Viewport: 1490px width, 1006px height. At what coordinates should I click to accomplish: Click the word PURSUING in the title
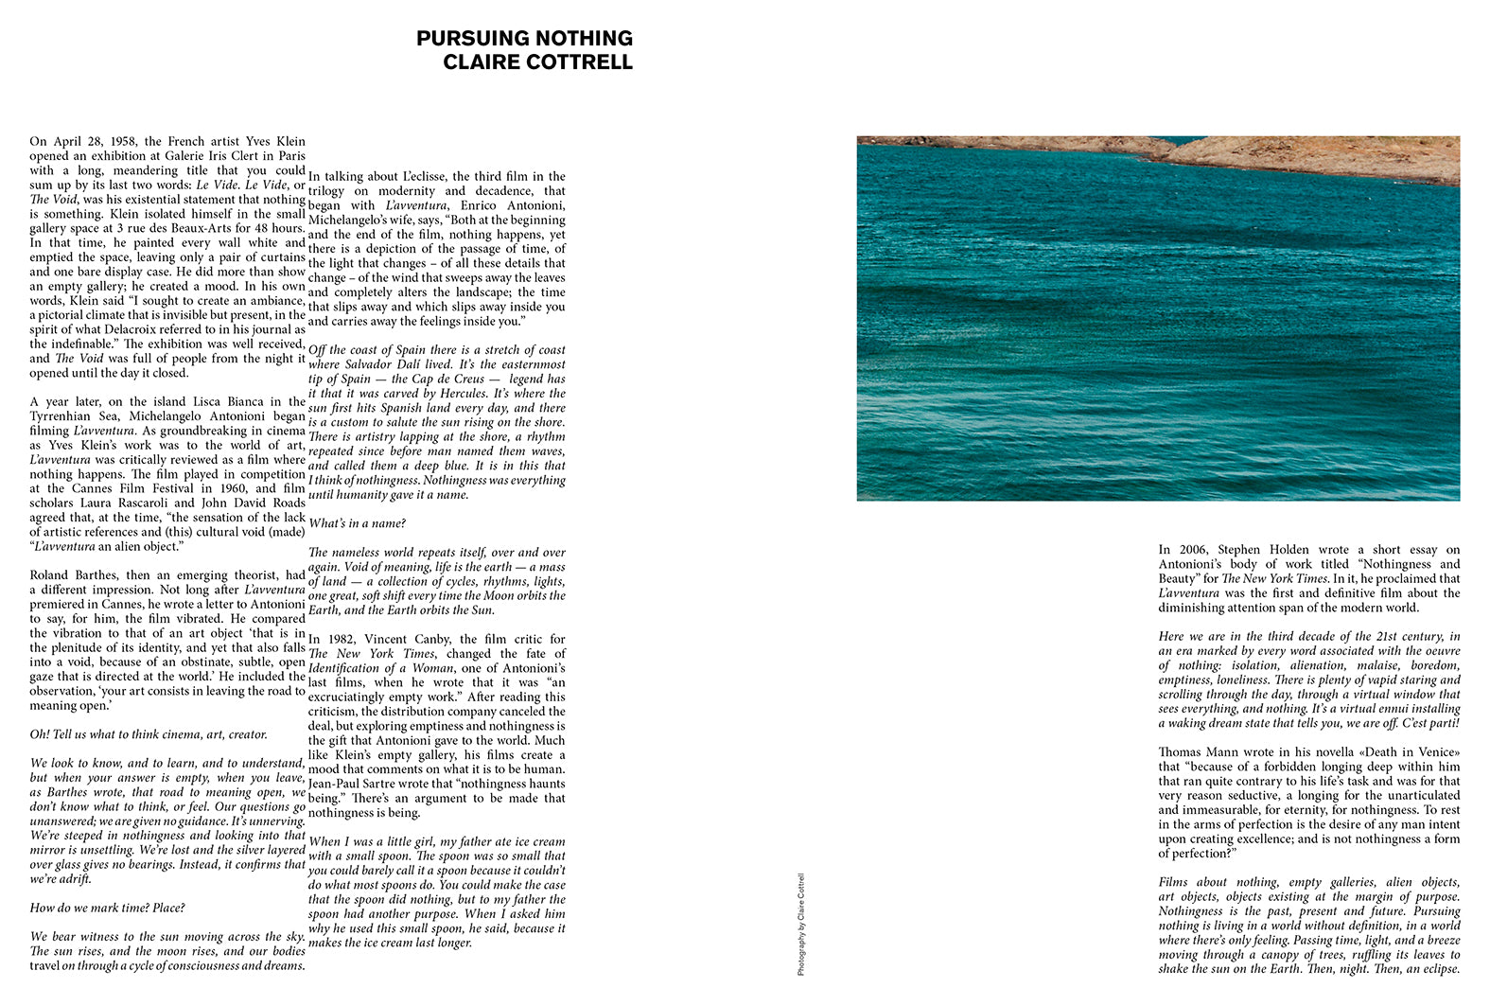pyautogui.click(x=469, y=39)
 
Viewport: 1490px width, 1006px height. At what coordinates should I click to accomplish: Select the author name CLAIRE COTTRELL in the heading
pyautogui.click(x=537, y=62)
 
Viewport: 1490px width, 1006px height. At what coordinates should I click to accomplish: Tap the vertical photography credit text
pyautogui.click(x=800, y=924)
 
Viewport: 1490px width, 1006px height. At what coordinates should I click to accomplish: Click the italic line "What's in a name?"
pyautogui.click(x=357, y=523)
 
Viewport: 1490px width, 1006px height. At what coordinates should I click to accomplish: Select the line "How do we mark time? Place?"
pyautogui.click(x=107, y=908)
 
